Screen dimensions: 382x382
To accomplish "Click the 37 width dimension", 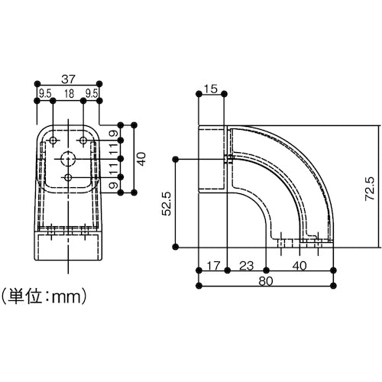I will (x=69, y=78).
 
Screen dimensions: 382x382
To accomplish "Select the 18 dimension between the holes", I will (x=69, y=95).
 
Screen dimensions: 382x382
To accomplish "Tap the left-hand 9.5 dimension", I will (x=44, y=95).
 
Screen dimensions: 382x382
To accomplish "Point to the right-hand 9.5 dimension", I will (x=93, y=95).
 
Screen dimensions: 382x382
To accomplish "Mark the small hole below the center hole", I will (x=69, y=178).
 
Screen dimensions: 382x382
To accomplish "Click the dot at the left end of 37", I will (x=37, y=84).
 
